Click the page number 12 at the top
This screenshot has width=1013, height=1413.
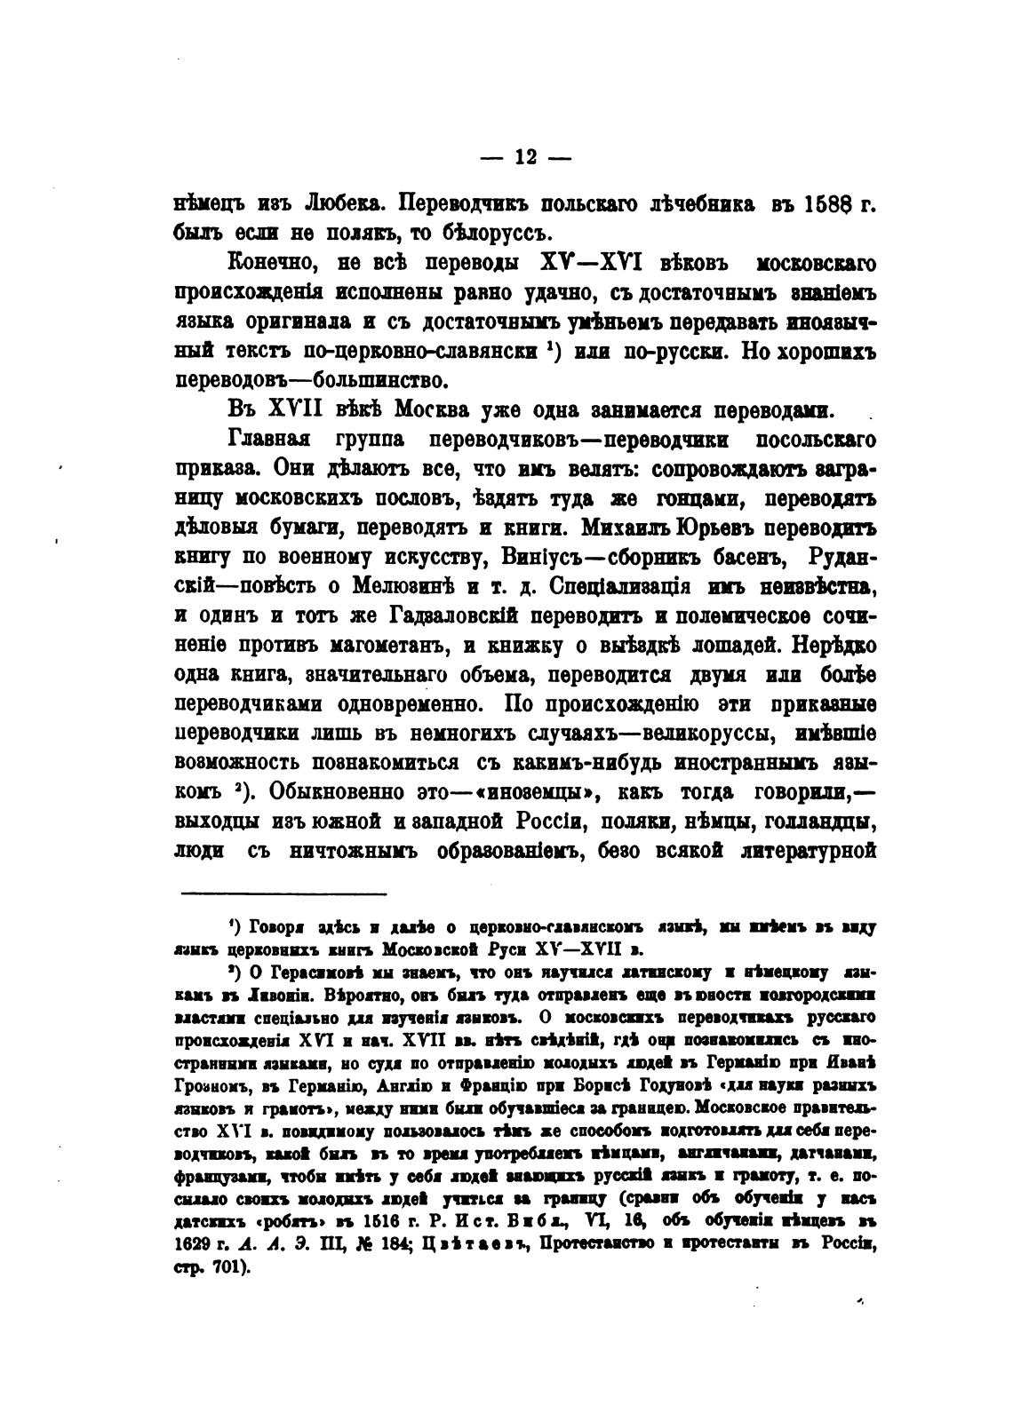[x=525, y=157]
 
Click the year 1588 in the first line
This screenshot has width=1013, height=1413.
[x=832, y=203]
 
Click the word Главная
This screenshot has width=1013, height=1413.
[x=267, y=441]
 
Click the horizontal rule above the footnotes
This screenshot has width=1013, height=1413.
[x=283, y=893]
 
